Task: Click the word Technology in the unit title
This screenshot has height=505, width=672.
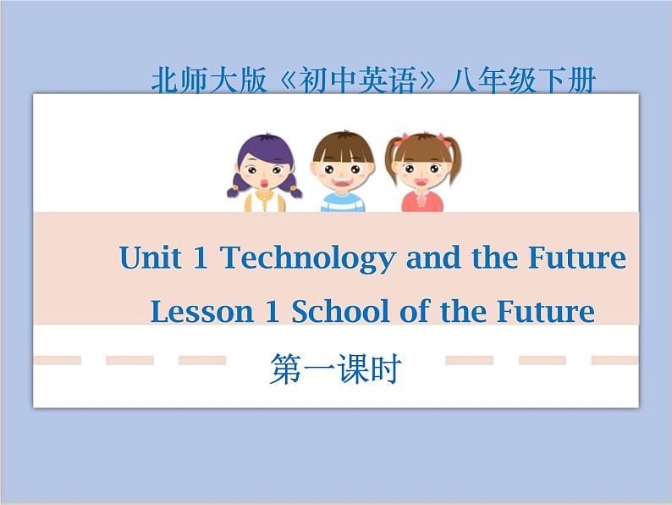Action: (x=308, y=258)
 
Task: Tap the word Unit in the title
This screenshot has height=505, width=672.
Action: (x=150, y=258)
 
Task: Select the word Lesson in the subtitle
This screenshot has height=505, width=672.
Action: (x=202, y=312)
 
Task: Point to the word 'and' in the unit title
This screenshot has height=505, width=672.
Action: (x=432, y=258)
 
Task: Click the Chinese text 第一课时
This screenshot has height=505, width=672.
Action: (x=335, y=369)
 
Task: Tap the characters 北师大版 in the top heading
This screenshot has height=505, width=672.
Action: (x=209, y=80)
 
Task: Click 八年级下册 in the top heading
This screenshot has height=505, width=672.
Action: (x=522, y=80)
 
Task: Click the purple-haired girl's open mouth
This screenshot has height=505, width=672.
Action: (x=264, y=184)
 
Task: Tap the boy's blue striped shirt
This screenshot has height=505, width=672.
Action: (x=343, y=203)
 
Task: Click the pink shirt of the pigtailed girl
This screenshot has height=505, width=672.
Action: (x=422, y=201)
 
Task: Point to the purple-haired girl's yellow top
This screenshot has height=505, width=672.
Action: (x=265, y=201)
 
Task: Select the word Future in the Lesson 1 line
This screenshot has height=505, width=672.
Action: (x=546, y=311)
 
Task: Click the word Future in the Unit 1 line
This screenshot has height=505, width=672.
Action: (x=577, y=258)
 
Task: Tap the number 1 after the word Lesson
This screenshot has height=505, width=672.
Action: (x=273, y=312)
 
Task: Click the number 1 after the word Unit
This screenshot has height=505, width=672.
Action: (x=201, y=258)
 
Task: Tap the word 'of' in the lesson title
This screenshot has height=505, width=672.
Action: (x=415, y=311)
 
